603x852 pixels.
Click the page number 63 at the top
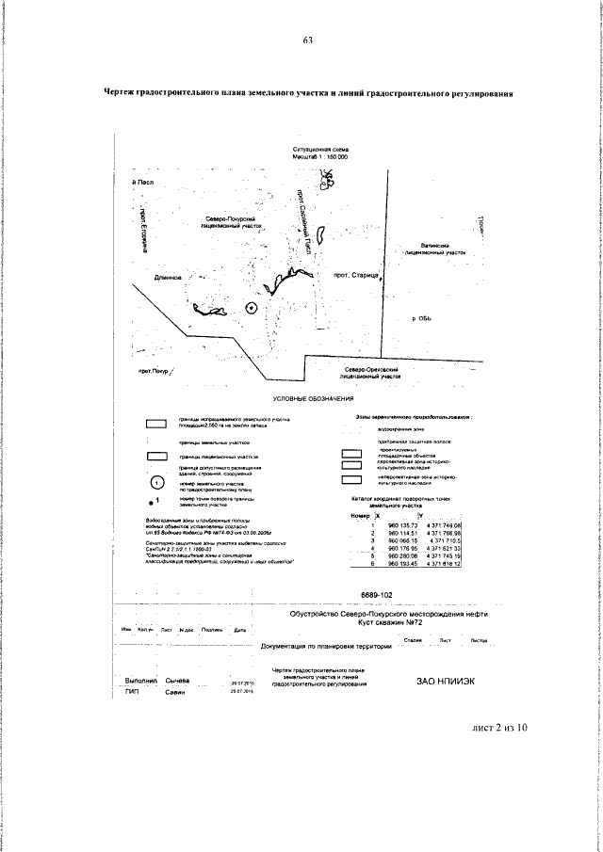pyautogui.click(x=307, y=40)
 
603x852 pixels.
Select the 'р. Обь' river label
pyautogui.click(x=421, y=319)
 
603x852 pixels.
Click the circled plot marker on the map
pyautogui.click(x=251, y=307)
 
